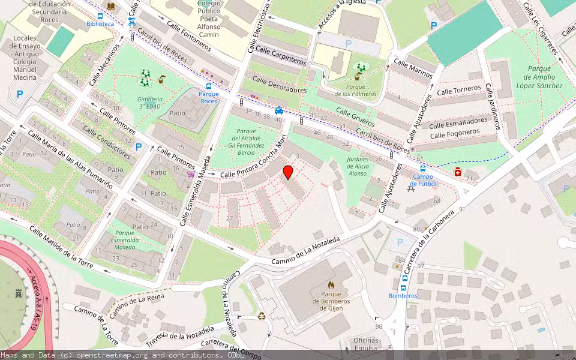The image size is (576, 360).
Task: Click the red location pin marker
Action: point(288,172)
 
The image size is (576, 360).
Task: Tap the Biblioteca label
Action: point(100,24)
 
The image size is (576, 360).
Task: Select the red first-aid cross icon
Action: point(458,172)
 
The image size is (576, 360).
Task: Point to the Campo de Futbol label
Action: point(423,180)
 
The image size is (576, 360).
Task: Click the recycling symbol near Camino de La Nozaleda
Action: point(262,316)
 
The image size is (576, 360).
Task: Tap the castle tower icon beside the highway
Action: point(18,294)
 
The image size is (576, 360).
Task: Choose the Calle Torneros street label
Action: point(458,90)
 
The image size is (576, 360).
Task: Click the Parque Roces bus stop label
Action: point(208,98)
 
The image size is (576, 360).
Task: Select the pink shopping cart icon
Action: point(190,175)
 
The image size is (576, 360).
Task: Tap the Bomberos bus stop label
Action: point(403,296)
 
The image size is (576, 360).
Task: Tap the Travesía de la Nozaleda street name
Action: point(180,337)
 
